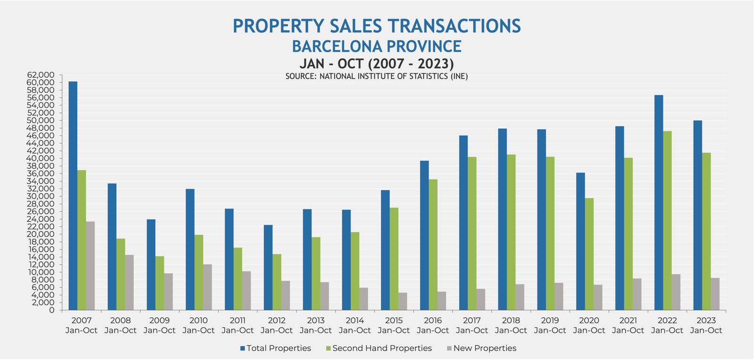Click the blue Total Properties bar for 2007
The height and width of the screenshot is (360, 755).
point(73,196)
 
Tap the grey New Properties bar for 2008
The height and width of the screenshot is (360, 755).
point(129,283)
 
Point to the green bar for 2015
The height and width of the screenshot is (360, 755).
point(394,259)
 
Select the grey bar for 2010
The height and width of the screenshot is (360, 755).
point(207,287)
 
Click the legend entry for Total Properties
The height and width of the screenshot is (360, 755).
point(276,349)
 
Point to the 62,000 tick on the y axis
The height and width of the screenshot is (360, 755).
point(41,75)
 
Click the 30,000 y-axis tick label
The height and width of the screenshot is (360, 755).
point(41,196)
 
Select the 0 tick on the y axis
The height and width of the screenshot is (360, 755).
point(52,310)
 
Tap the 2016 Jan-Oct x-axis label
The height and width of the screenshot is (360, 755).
point(433,326)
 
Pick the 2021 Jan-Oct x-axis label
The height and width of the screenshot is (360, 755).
point(628,326)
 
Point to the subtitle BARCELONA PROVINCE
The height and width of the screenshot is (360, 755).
point(377,46)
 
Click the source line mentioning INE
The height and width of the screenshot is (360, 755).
point(377,76)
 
